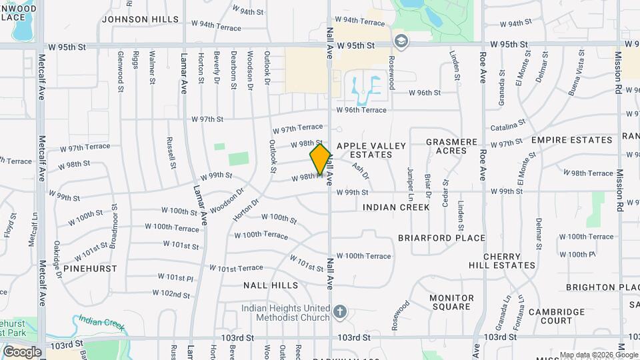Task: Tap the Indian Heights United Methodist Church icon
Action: point(340,311)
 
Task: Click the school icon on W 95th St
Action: point(400,41)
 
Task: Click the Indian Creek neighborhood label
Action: point(396,207)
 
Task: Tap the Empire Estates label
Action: point(571,140)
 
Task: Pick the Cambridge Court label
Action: point(556,316)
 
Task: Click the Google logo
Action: point(22,352)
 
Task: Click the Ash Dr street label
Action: point(361,171)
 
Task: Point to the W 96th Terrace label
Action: point(361,110)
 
